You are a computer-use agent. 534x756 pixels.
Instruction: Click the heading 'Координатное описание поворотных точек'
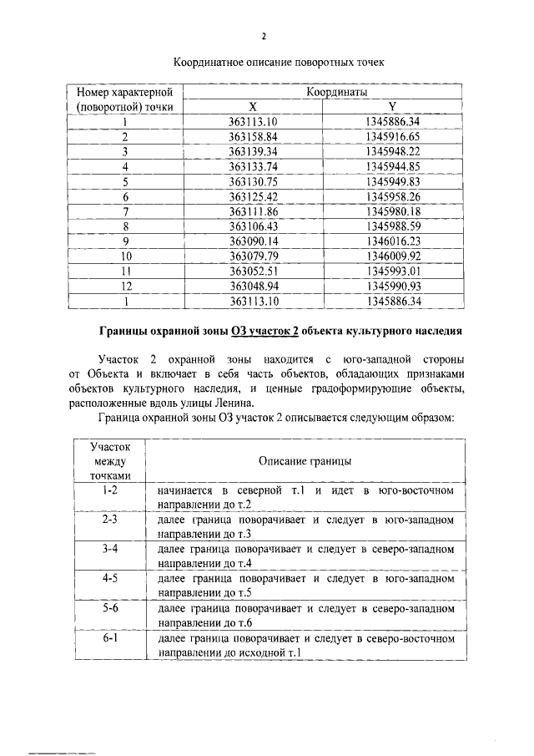(x=267, y=63)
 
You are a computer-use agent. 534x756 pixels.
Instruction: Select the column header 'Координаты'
(x=337, y=92)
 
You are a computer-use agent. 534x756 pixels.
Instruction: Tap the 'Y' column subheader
(x=392, y=107)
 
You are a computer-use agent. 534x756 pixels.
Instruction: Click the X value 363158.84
(x=253, y=137)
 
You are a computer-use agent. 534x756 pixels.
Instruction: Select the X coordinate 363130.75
(x=253, y=181)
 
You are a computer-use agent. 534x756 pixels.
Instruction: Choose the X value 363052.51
(x=253, y=271)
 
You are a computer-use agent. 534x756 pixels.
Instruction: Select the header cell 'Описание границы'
(x=305, y=460)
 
